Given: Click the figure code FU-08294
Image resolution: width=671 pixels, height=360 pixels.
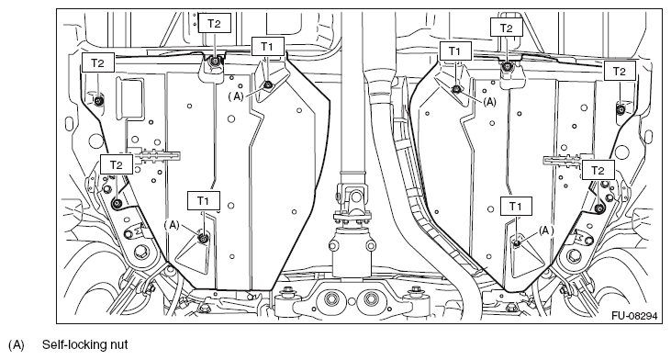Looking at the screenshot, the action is [x=633, y=316].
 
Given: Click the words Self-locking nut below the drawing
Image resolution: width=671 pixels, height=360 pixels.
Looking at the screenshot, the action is [x=84, y=344].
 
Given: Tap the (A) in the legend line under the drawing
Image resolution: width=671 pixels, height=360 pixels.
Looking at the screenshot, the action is [x=17, y=344].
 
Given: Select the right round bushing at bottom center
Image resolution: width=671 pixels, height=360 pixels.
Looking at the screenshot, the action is [x=370, y=298].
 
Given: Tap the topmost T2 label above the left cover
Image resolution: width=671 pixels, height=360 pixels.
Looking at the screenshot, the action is [x=214, y=24].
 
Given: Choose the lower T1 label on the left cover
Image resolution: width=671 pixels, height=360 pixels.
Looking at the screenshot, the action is [x=204, y=200].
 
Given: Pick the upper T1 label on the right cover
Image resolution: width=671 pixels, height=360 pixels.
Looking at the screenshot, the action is [x=455, y=51].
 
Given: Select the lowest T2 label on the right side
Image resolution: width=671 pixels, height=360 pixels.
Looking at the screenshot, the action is [x=598, y=171].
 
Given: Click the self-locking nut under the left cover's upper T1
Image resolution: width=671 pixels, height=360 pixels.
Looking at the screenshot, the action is [x=267, y=84].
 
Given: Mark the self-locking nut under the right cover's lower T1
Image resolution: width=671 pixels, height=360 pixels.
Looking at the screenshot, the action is [x=517, y=242].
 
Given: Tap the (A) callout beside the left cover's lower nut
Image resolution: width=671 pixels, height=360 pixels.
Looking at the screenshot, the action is [x=172, y=226].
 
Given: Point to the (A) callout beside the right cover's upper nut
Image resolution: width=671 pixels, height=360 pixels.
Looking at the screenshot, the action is [x=489, y=102].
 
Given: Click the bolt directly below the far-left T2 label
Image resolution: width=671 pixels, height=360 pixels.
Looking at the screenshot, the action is [x=98, y=101].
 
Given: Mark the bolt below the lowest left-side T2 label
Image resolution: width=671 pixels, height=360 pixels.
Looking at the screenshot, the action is [x=117, y=203].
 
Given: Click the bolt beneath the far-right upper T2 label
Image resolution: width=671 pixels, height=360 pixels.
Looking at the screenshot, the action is [x=621, y=109].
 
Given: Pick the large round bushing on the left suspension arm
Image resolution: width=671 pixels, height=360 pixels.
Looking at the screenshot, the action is [x=140, y=252].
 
